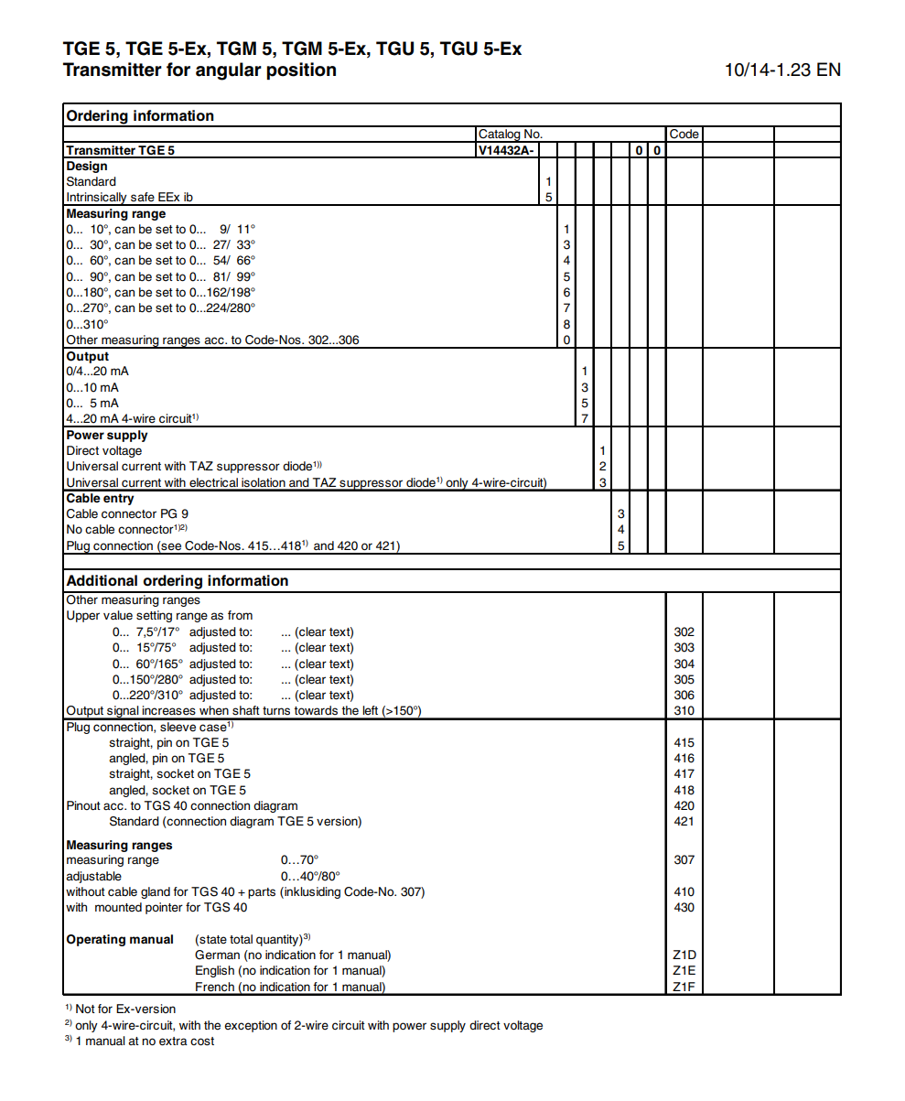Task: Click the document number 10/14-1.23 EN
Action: [781, 70]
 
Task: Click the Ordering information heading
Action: [140, 116]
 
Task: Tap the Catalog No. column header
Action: [511, 134]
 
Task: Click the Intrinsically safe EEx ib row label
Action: [129, 197]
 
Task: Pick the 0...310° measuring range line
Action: [88, 324]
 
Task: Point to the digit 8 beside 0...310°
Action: [566, 324]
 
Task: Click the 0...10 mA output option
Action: [92, 387]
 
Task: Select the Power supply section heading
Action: [107, 435]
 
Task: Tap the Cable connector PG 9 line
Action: [127, 514]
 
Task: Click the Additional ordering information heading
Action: [178, 581]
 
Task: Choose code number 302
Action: [684, 631]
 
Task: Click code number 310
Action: [684, 711]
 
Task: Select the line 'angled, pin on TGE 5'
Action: [167, 758]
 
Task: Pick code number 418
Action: [684, 790]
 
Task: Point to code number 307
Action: [684, 860]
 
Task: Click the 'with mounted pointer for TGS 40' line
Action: [156, 908]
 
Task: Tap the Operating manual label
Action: [120, 940]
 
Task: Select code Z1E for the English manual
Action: [684, 971]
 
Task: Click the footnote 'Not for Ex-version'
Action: [125, 1009]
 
